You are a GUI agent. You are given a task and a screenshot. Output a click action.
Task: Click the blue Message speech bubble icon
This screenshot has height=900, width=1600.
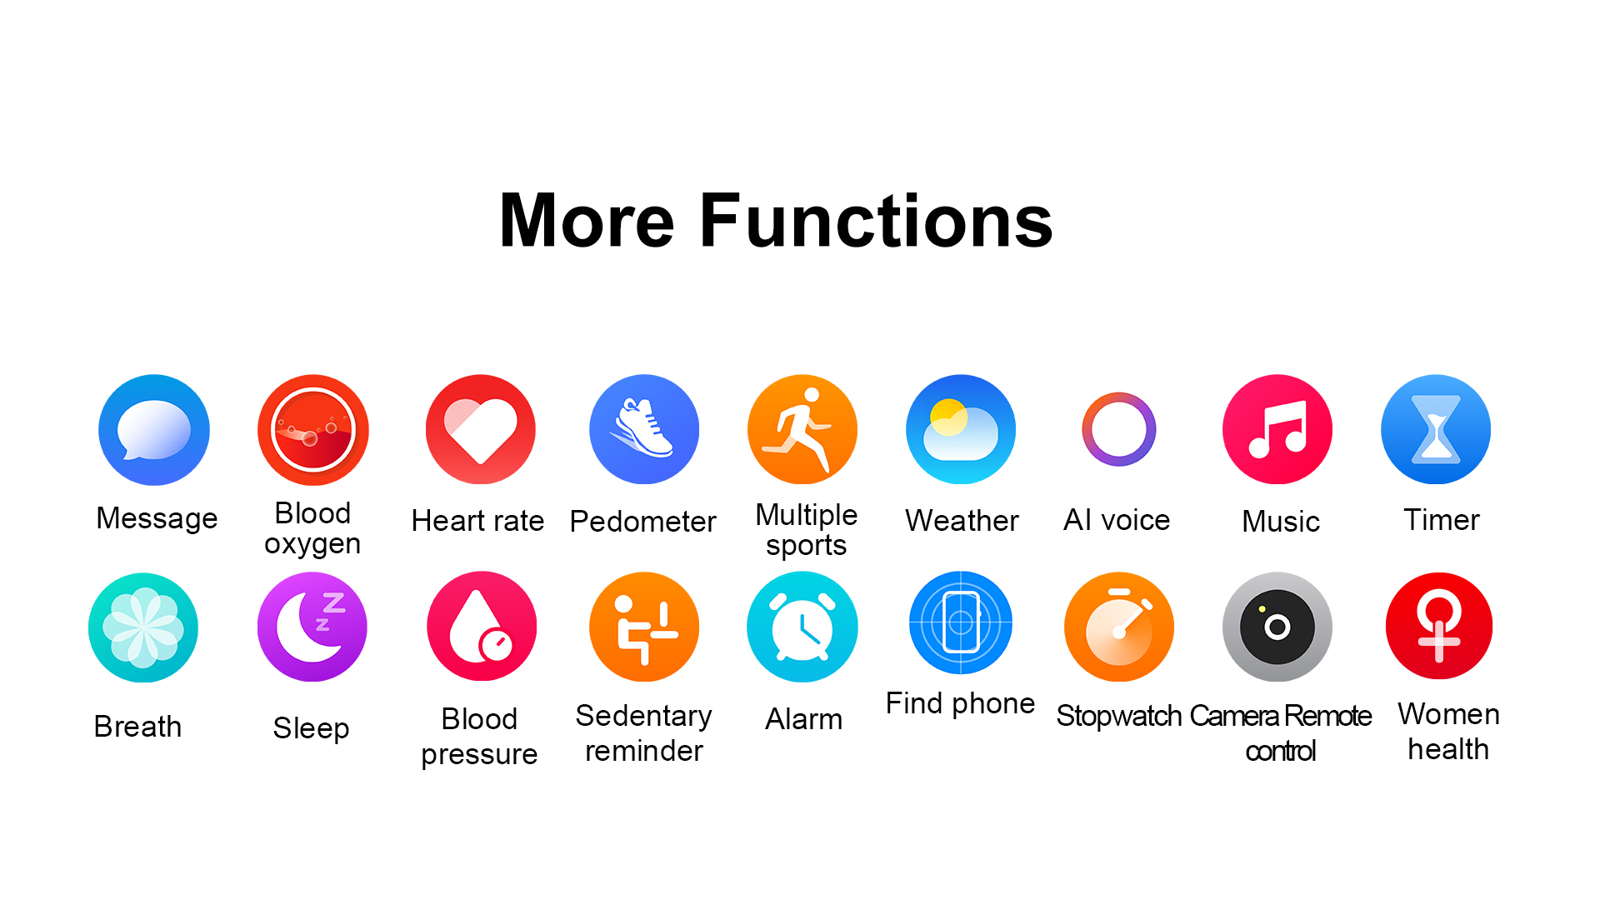[x=154, y=430]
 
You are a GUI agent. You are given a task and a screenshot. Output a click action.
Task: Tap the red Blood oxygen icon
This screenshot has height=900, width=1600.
[x=313, y=430]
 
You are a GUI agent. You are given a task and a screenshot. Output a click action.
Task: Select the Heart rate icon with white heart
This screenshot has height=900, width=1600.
[x=481, y=429]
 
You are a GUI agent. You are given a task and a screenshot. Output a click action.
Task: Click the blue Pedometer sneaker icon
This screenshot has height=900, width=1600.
[x=644, y=429]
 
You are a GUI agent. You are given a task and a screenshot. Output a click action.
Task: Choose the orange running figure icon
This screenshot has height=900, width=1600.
[x=802, y=429]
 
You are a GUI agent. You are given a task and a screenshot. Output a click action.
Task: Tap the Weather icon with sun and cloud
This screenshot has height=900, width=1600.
[x=961, y=429]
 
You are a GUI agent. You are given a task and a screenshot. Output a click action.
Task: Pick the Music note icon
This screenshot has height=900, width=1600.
[x=1277, y=429]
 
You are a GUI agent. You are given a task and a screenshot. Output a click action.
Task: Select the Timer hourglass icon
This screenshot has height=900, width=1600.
[x=1436, y=429]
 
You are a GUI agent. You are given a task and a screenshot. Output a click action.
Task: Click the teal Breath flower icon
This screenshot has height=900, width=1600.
[x=143, y=627]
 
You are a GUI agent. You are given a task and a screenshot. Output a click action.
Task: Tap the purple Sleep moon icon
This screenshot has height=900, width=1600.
[x=312, y=627]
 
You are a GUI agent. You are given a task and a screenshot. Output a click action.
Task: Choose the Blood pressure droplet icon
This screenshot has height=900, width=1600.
[x=482, y=626]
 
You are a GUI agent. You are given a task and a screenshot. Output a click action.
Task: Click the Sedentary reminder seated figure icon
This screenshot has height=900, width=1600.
[x=644, y=627]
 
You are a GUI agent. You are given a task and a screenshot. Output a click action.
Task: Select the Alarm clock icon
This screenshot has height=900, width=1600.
[x=802, y=627]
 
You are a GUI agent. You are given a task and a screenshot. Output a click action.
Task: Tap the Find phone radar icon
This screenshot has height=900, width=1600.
[x=961, y=622]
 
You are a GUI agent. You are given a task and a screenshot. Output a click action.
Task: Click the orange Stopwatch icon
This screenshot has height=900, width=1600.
[x=1119, y=627]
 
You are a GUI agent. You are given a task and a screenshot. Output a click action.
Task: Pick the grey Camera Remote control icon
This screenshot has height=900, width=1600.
[x=1277, y=627]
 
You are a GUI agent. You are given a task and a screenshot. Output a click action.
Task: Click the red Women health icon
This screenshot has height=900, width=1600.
[x=1439, y=626]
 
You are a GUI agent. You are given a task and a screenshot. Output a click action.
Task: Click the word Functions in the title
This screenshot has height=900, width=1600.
[x=877, y=221]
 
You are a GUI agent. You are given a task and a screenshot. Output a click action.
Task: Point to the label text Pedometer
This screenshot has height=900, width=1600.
[x=643, y=522]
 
